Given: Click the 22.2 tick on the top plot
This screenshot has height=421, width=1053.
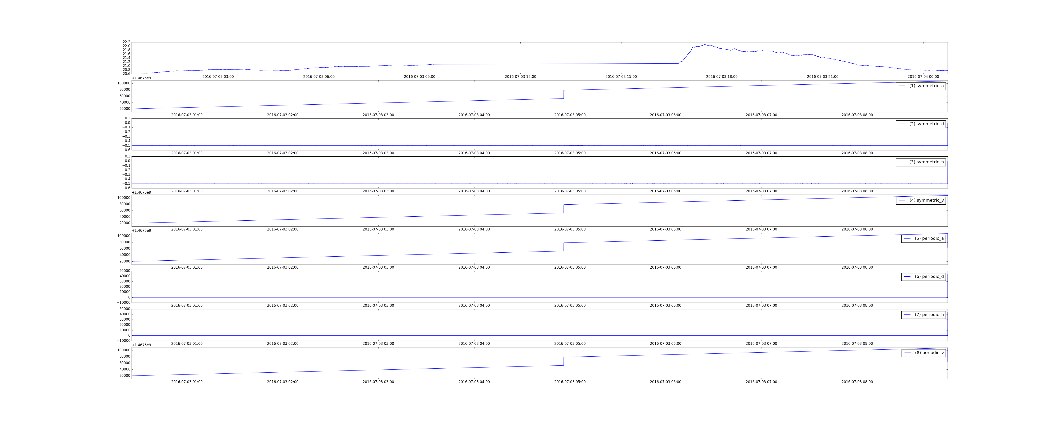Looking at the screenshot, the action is (x=126, y=42).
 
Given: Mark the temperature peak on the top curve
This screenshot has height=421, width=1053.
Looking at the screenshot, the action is (x=704, y=45).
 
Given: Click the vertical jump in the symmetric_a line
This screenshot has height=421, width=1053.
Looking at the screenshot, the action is (x=564, y=95).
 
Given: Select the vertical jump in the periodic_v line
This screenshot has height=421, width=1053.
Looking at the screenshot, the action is (x=564, y=361).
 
